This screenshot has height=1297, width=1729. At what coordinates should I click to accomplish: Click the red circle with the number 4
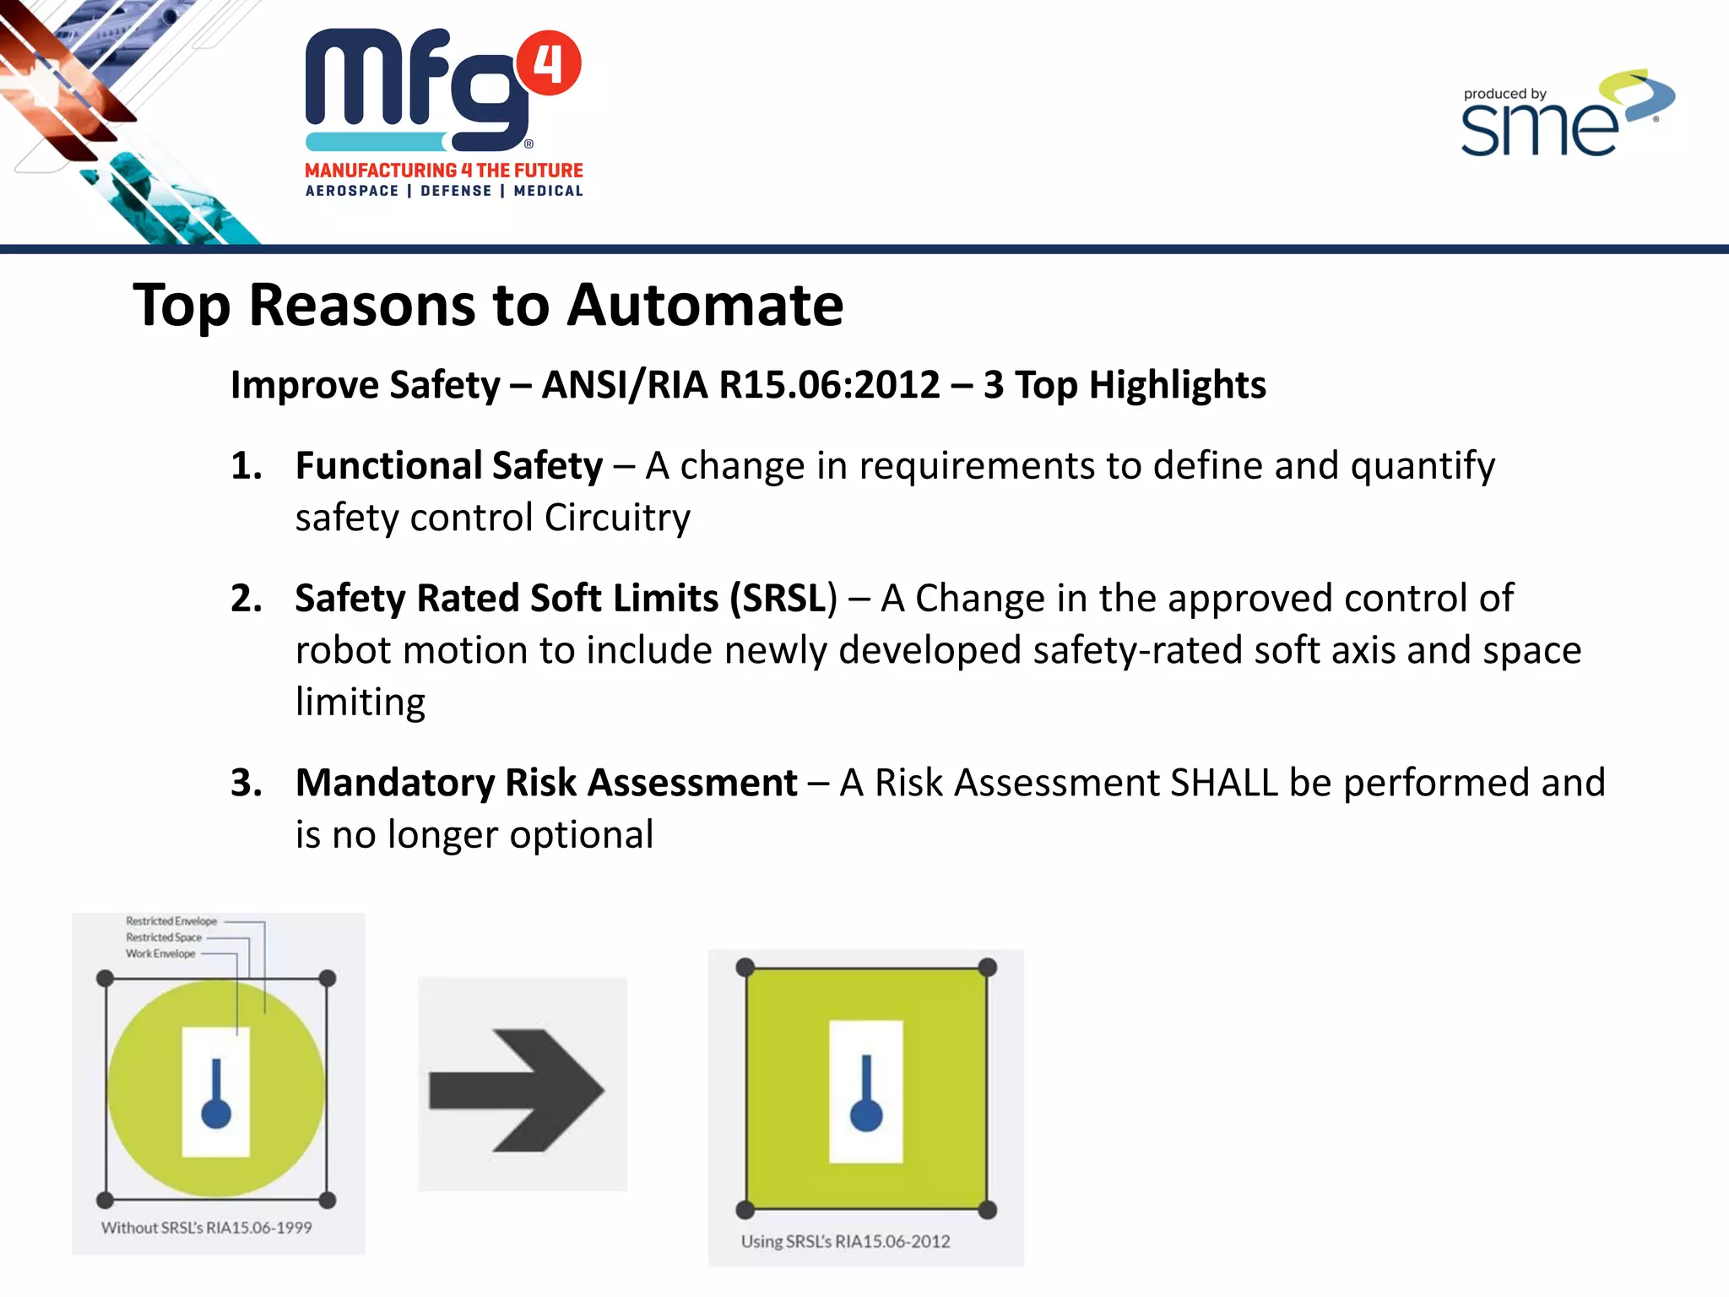point(548,64)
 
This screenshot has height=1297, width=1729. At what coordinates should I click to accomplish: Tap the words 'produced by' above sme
point(1504,94)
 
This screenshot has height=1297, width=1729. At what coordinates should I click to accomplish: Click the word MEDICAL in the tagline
point(548,191)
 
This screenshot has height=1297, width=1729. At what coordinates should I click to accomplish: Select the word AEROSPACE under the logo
point(352,191)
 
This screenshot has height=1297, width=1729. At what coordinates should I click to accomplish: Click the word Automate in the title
point(705,305)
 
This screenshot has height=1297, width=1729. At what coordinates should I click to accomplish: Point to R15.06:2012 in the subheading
point(829,385)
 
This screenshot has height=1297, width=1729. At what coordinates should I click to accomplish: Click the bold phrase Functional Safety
point(449,466)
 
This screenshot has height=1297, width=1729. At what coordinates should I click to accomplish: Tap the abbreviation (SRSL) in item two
point(783,599)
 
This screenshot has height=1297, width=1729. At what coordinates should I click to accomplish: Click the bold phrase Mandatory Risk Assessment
point(546,783)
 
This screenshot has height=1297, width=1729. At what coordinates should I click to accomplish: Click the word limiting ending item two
point(360,703)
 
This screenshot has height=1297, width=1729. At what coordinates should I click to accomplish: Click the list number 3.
point(245,783)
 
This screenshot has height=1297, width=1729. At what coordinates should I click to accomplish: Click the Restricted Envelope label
point(171,921)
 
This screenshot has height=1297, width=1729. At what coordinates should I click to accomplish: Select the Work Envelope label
point(160,953)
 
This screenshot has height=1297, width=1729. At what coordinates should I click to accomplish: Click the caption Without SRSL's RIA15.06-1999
point(207,1228)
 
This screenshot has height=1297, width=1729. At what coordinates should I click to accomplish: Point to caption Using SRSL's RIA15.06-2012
point(845,1241)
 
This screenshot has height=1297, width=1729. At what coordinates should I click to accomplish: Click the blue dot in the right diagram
point(866,1115)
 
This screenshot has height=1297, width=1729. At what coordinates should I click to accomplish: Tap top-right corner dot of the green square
point(987,968)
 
